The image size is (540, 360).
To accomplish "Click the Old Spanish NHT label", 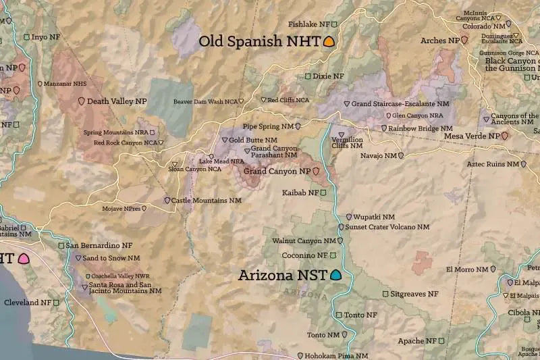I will tap(259, 41).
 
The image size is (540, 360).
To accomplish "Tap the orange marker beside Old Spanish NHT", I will tap(329, 41).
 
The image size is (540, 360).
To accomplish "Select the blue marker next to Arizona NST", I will tap(335, 275).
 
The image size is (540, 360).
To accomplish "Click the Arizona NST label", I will tap(282, 276).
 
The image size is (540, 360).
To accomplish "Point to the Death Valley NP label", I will tap(117, 101).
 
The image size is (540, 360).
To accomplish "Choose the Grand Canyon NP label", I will tap(277, 172).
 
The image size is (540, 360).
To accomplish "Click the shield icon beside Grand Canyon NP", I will tap(315, 172).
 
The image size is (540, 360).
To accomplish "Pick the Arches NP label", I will tap(439, 41).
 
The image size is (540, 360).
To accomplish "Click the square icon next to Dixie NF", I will tap(308, 76).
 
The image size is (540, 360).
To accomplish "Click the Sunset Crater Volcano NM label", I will tap(387, 227).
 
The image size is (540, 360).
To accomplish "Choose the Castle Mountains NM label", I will tap(206, 201).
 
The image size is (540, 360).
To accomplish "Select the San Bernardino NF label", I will tap(99, 246).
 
